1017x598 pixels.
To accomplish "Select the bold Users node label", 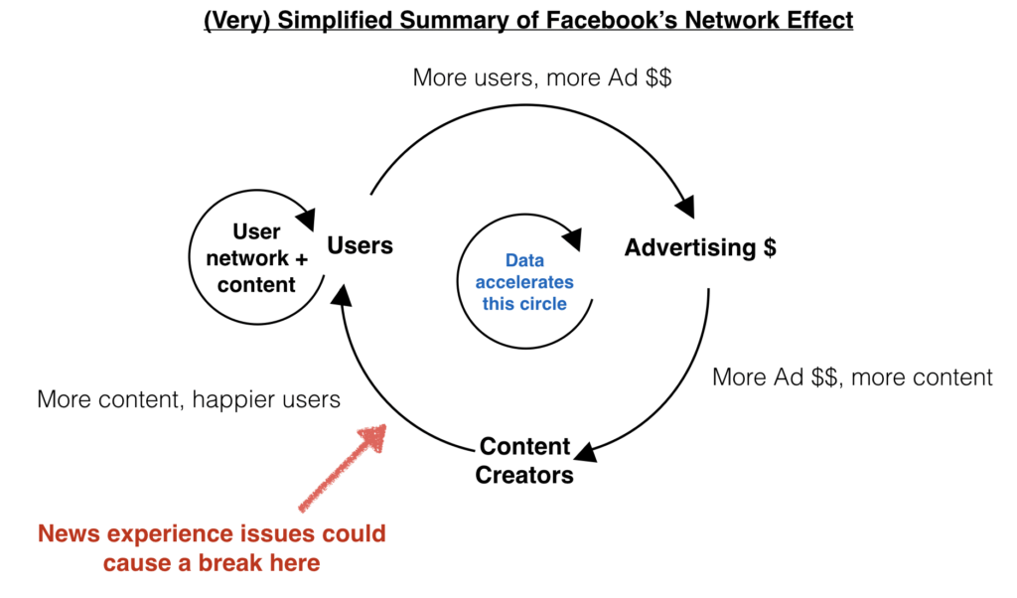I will coord(360,245).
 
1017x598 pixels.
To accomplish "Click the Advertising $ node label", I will coord(700,247).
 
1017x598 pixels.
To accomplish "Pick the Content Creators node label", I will coord(524,460).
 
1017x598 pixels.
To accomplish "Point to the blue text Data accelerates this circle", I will coord(524,282).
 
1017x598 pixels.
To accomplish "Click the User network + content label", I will coord(257,258).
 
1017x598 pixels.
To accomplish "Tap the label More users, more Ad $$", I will coord(542,77).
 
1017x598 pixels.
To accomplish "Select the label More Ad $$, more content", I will coord(852,377).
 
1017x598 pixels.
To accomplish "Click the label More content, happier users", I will coord(189,399).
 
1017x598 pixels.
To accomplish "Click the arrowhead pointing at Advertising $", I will coord(685,207).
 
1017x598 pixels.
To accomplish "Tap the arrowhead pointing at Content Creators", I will coord(587,452).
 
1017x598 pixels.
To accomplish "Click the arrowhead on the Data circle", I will coord(573,238).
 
